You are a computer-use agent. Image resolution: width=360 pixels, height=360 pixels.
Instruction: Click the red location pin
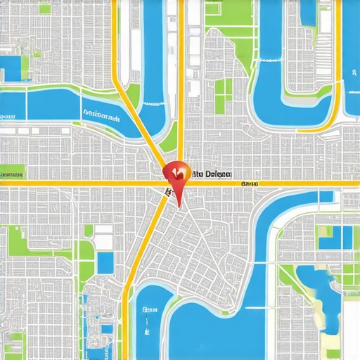click(x=176, y=176)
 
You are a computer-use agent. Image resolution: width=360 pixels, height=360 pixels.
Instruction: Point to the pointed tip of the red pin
click(x=179, y=207)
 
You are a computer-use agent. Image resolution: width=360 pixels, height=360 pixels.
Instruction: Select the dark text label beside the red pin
click(x=212, y=173)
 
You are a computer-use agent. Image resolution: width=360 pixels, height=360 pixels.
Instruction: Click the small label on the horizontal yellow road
click(x=249, y=184)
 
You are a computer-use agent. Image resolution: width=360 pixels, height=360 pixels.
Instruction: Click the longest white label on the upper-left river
click(x=101, y=113)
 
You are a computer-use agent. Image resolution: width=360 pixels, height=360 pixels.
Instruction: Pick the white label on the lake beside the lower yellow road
click(x=148, y=309)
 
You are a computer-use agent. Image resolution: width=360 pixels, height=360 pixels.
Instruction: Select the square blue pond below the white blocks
click(x=105, y=263)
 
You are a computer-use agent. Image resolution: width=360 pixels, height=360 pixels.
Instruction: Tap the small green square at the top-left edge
click(x=44, y=9)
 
